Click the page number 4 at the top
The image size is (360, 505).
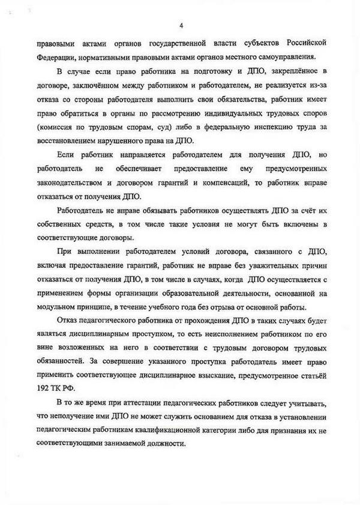click(181, 25)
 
